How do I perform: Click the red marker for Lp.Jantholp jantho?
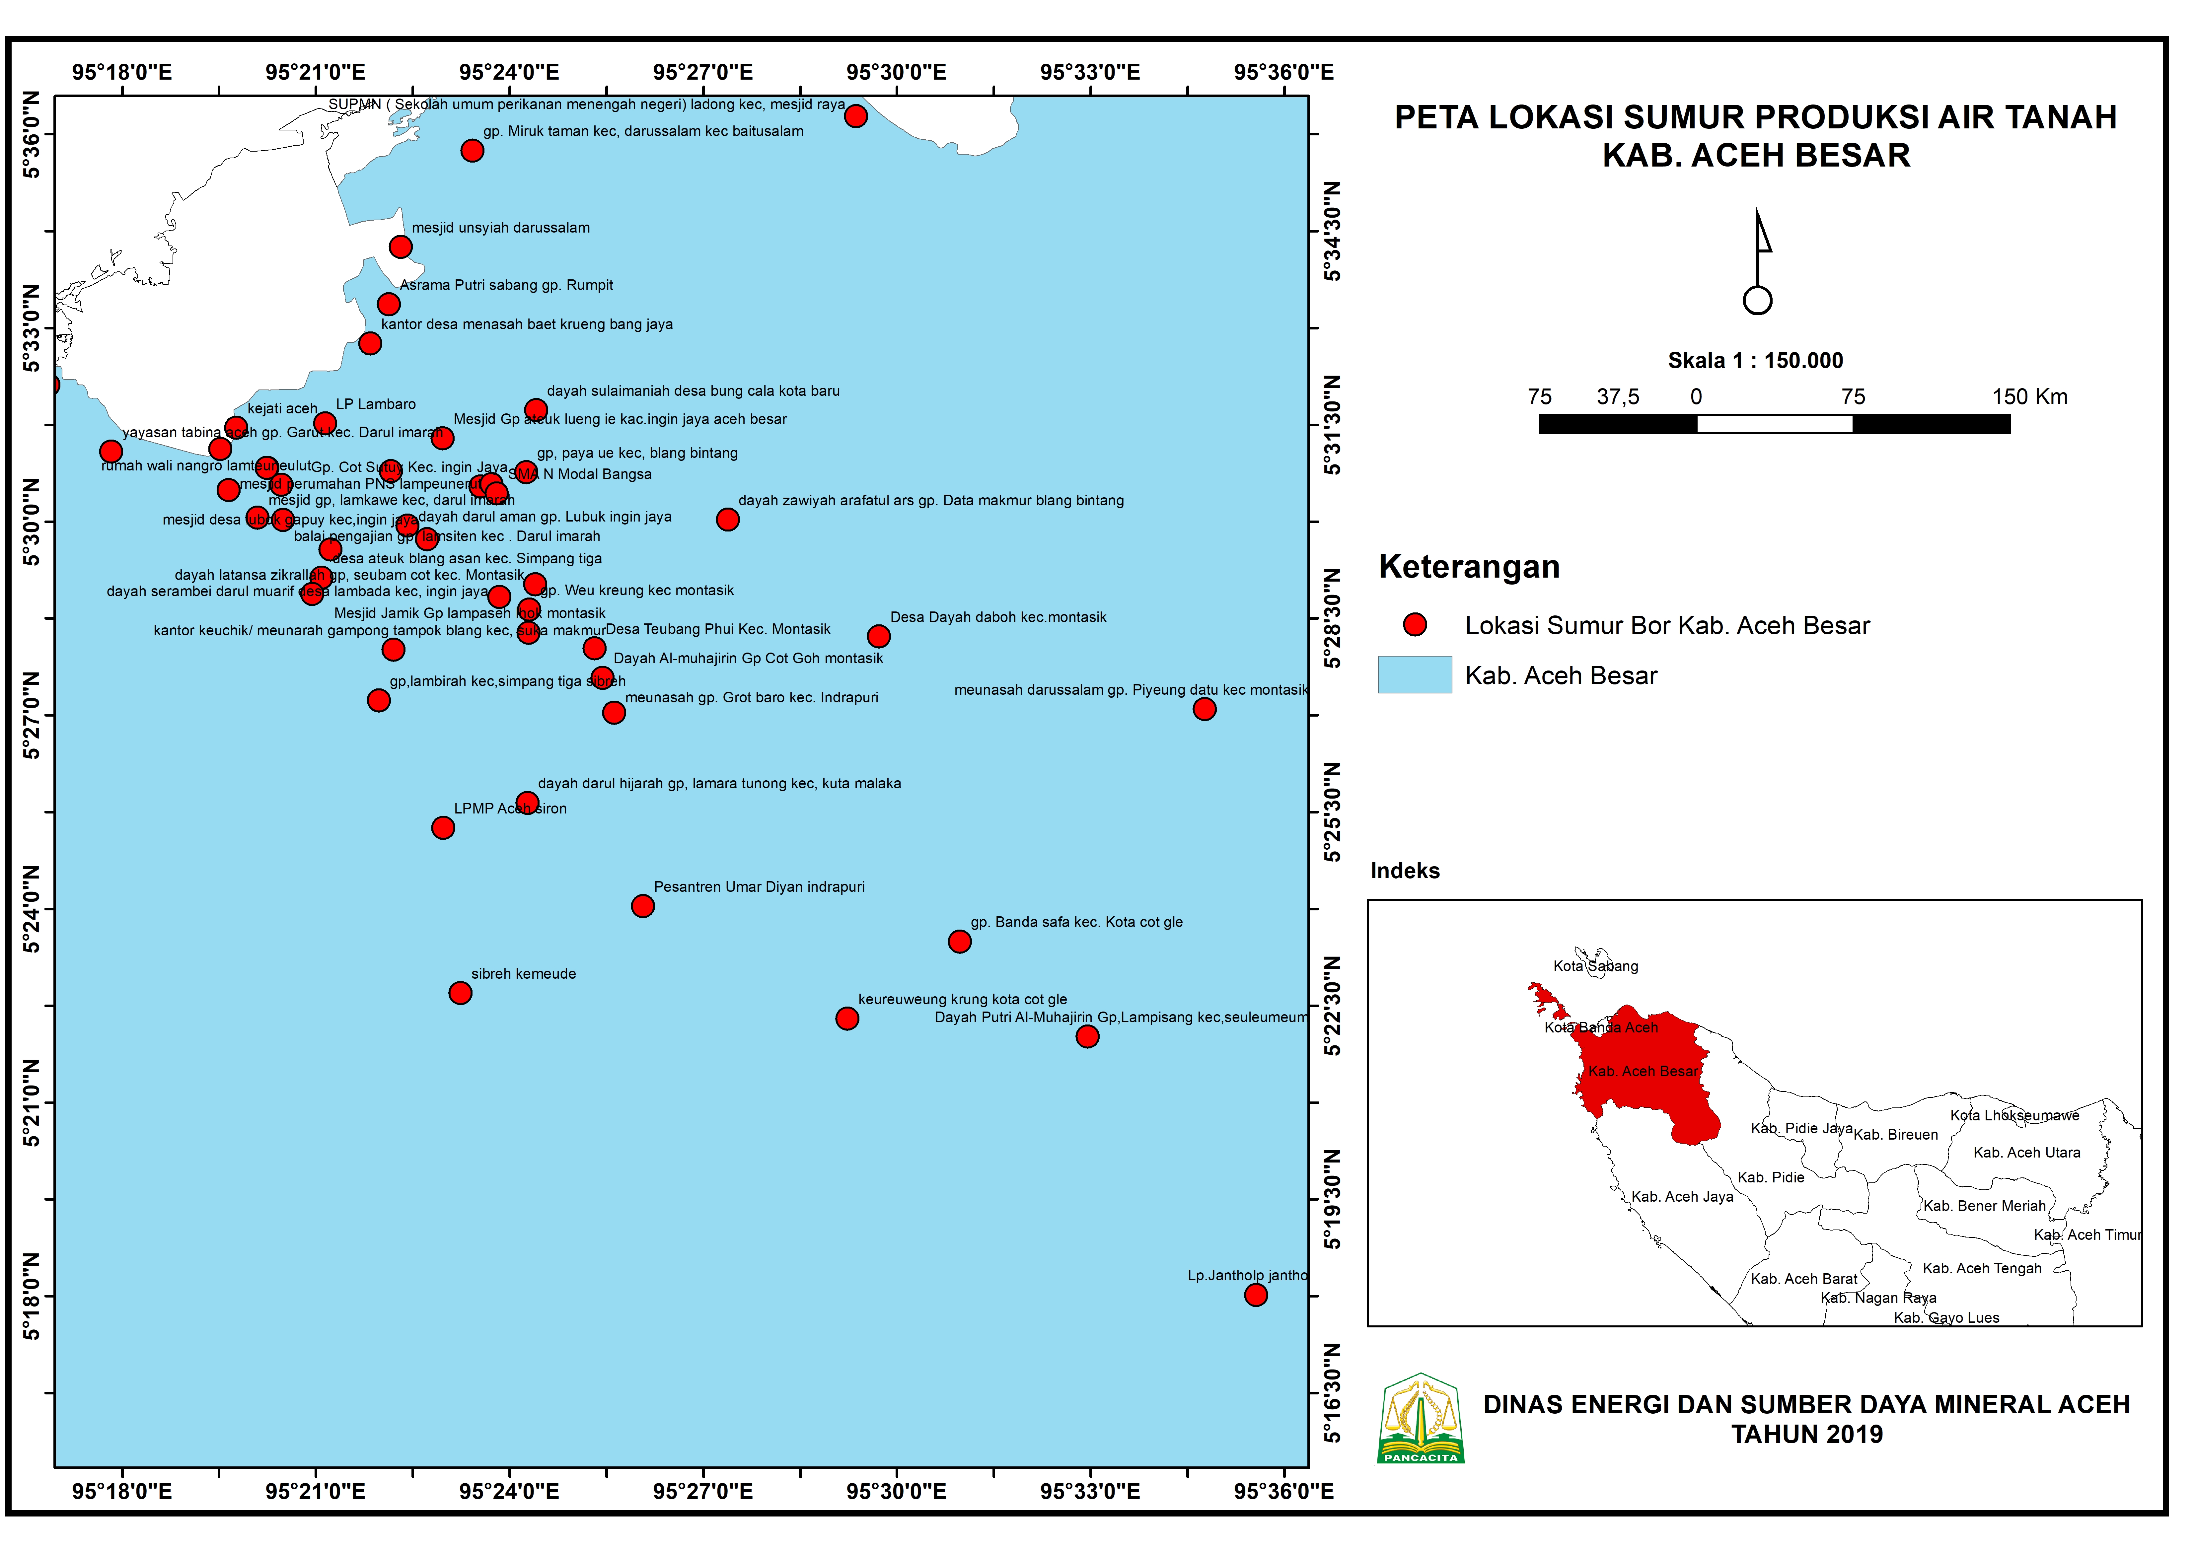1256,1295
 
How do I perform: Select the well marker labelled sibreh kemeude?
460,993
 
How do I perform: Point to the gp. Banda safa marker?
959,941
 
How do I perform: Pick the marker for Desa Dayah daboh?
878,636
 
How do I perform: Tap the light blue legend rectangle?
1414,675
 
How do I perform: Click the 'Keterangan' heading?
1469,567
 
